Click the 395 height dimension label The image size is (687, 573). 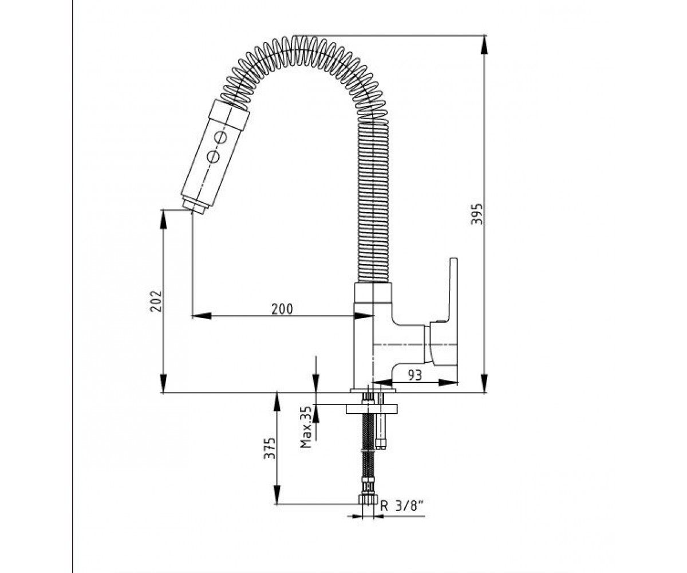(476, 214)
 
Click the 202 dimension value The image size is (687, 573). (156, 301)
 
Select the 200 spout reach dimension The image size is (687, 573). (282, 309)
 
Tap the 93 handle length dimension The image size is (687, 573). (414, 375)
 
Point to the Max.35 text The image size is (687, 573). (306, 427)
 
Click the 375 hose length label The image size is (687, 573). (269, 448)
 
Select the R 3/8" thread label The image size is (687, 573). (401, 505)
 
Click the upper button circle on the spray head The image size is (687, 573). (221, 137)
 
